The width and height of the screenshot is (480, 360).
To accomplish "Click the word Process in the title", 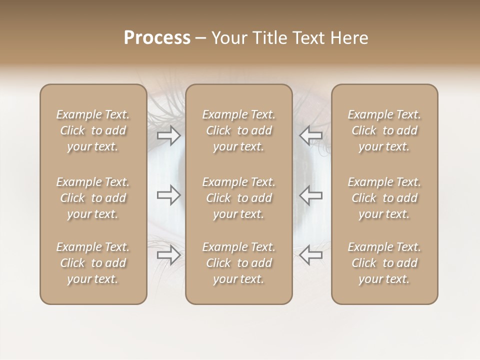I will click(x=157, y=38).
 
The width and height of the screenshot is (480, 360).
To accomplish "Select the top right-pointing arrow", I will click(x=168, y=135).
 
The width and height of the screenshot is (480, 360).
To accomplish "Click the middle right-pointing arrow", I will click(x=168, y=195).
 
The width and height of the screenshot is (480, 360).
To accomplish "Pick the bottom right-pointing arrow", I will click(x=168, y=255).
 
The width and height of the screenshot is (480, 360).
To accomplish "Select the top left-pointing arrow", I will click(x=311, y=135).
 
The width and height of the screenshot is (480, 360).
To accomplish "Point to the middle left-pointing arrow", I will click(x=311, y=195).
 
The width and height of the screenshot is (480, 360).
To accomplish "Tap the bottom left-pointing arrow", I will click(x=311, y=255).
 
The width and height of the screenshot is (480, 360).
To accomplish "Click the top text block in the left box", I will click(x=93, y=130).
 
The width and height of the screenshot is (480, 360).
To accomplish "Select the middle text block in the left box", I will click(x=93, y=198).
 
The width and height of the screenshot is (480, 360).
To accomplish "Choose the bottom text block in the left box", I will click(x=93, y=263).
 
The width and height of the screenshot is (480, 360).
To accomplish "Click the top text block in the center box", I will click(x=238, y=130).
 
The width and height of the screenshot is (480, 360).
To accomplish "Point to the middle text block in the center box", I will click(x=238, y=198).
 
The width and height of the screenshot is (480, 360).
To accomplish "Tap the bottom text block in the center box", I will click(x=238, y=263).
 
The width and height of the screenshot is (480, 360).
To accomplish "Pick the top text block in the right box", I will click(x=384, y=130).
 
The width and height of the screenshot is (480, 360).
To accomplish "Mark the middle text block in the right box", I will click(x=384, y=198).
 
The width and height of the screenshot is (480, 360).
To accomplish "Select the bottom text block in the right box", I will click(x=384, y=263).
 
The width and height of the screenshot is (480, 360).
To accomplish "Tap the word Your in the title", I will click(x=228, y=38).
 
